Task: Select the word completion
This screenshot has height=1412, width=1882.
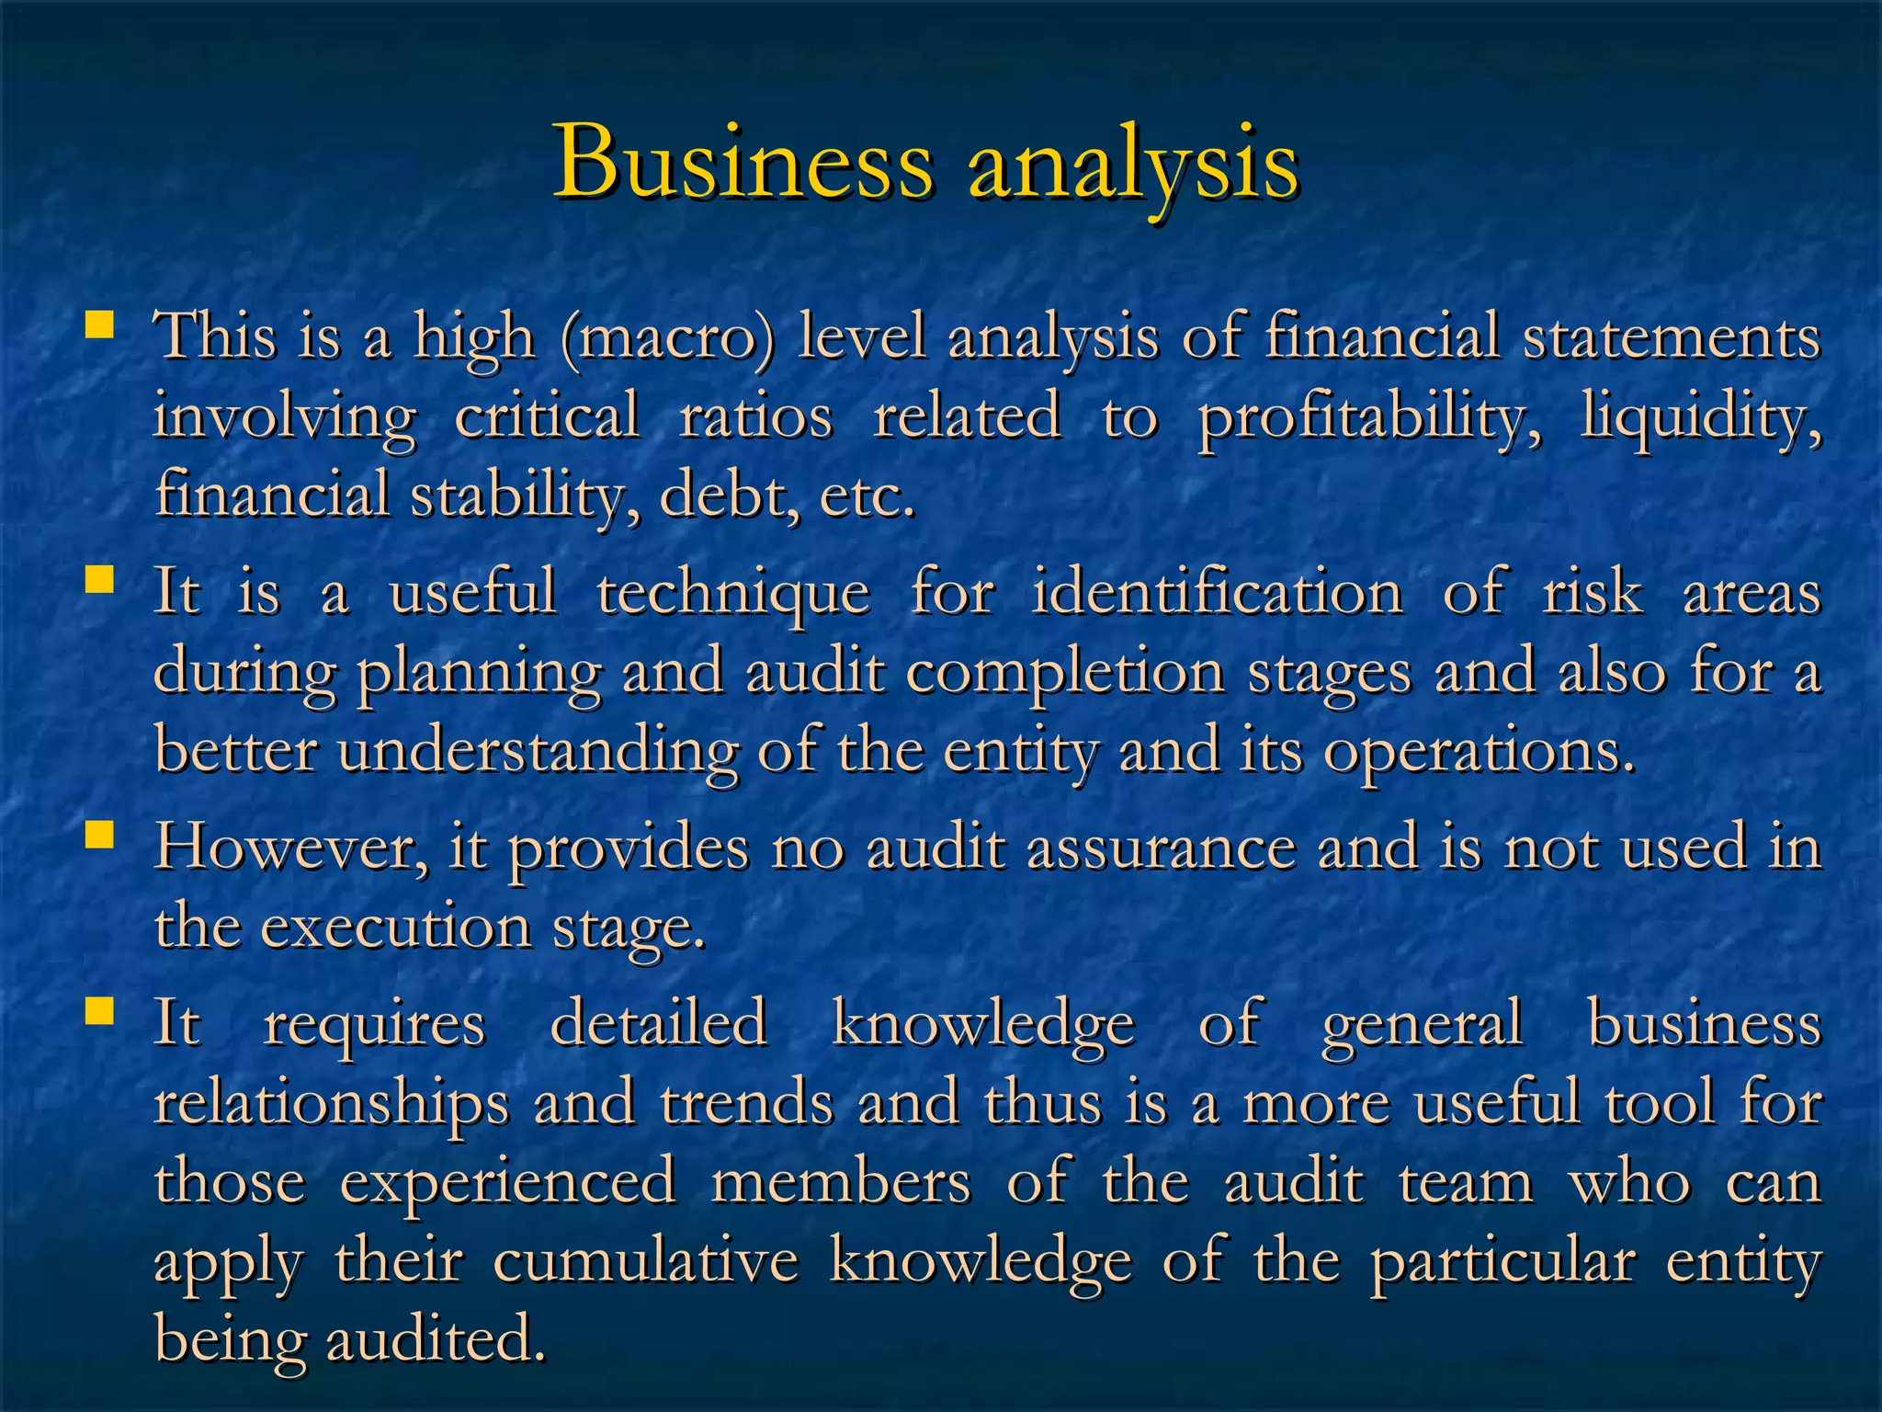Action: pos(1065,672)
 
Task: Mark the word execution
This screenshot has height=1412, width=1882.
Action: pos(396,926)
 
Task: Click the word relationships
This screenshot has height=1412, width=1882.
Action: pos(331,1102)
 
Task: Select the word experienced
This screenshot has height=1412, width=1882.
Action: pos(508,1181)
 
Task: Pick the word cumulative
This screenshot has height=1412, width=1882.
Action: pos(646,1260)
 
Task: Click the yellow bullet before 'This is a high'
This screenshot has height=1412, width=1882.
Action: pos(99,325)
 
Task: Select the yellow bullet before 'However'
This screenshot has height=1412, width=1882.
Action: pos(99,835)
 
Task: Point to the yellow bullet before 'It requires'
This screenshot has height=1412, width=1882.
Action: pos(99,1012)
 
